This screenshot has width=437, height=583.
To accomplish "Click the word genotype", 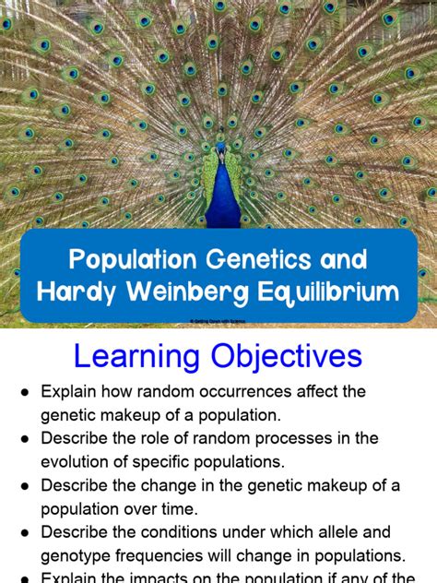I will tap(78, 555).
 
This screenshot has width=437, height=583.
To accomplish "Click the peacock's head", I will tap(218, 148).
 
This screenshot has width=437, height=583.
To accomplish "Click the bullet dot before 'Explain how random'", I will tap(25, 393).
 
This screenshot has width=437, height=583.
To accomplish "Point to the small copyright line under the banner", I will tap(218, 321).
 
